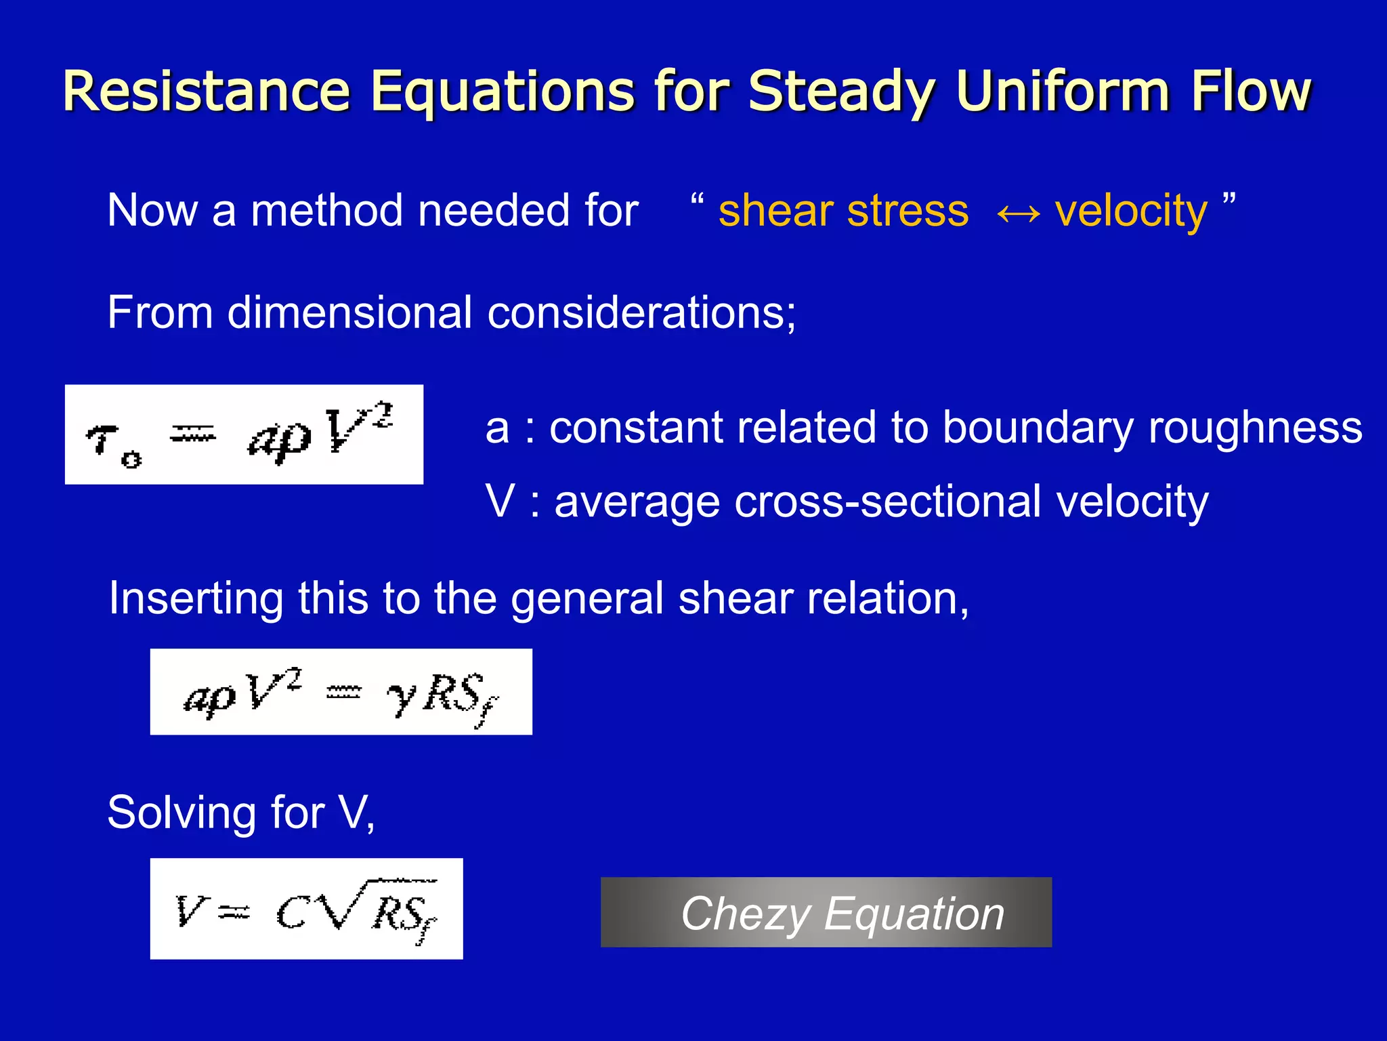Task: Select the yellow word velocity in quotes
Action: click(1130, 211)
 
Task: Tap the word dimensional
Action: click(349, 313)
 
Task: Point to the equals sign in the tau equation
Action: click(192, 434)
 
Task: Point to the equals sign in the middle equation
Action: click(344, 693)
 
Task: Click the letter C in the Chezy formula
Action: click(293, 914)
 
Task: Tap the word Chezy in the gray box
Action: click(745, 915)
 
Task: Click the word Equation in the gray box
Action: click(914, 915)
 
